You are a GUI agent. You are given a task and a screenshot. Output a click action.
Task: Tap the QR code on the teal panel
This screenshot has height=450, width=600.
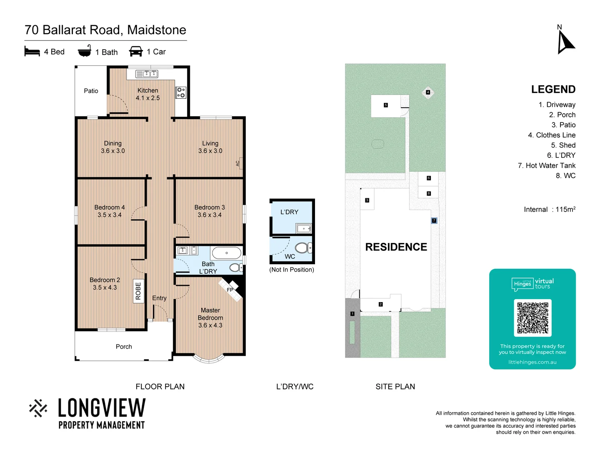click(x=532, y=317)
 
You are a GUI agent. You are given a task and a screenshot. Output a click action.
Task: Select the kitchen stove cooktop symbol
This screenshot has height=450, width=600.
click(x=181, y=92)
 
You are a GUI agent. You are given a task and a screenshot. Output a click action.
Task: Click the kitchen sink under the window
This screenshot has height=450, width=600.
click(x=147, y=74)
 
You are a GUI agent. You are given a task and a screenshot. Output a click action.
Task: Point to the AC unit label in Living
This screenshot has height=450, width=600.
click(x=238, y=163)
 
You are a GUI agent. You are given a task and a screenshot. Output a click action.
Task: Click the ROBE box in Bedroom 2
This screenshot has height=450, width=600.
click(x=138, y=291)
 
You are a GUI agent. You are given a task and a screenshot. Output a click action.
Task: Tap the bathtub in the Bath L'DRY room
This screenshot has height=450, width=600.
click(x=226, y=253)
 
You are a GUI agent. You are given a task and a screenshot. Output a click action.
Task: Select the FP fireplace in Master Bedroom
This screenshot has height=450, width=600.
click(x=230, y=290)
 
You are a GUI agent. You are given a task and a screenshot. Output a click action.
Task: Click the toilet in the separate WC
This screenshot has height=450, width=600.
click(x=304, y=248)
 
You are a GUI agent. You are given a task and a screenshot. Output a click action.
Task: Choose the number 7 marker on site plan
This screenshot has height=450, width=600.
click(x=434, y=220)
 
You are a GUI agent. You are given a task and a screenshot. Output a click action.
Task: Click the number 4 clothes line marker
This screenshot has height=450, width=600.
click(x=428, y=92)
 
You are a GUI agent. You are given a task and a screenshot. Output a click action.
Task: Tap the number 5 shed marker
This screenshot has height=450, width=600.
click(x=386, y=105)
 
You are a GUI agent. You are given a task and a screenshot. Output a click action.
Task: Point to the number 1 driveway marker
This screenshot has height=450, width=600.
click(x=352, y=314)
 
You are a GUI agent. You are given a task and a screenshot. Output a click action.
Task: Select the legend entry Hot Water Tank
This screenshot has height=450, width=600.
click(x=546, y=165)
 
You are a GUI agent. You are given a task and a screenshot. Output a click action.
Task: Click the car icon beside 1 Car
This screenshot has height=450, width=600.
click(x=136, y=52)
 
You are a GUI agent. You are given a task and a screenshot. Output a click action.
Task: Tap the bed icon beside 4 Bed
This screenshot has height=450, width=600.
click(x=32, y=52)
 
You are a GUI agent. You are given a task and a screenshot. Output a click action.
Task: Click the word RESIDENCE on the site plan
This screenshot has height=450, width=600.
click(x=396, y=247)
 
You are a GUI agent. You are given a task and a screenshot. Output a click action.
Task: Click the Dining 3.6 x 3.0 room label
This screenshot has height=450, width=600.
click(x=113, y=147)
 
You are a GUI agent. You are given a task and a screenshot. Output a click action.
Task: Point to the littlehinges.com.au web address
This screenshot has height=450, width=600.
click(x=532, y=362)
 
